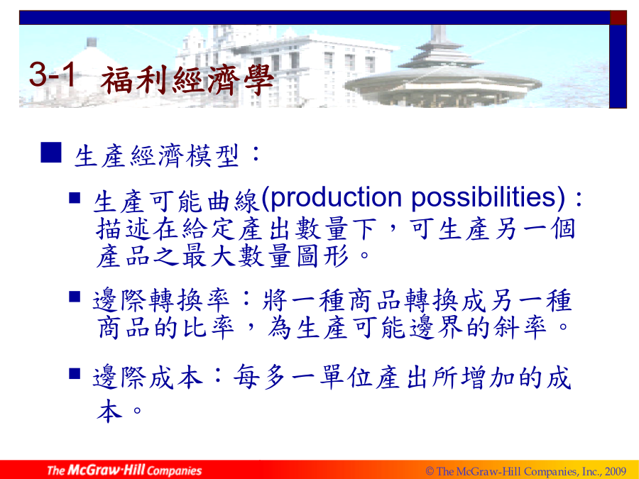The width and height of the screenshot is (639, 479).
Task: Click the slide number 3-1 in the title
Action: click(x=53, y=74)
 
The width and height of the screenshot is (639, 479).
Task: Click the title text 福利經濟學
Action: click(x=187, y=79)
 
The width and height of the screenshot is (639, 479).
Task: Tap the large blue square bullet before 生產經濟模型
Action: click(x=51, y=153)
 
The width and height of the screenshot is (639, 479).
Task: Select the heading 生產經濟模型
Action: click(x=156, y=156)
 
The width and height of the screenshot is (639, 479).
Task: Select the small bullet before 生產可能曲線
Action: click(x=75, y=197)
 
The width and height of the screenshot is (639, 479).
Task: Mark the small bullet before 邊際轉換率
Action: click(x=75, y=296)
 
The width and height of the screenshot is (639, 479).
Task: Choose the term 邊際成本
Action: click(x=148, y=378)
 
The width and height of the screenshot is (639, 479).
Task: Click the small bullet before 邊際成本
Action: click(x=75, y=373)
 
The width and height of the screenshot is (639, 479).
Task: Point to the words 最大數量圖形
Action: click(x=266, y=256)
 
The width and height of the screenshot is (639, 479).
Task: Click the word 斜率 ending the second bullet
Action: click(x=520, y=327)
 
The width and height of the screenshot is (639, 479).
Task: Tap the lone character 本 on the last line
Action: click(x=109, y=410)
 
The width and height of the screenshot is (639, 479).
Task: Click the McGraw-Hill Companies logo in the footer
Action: click(x=124, y=470)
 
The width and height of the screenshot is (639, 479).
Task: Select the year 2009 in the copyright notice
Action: click(x=616, y=471)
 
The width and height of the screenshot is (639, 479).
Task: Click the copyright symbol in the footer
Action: click(x=430, y=471)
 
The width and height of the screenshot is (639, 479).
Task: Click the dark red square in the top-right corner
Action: click(x=618, y=18)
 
